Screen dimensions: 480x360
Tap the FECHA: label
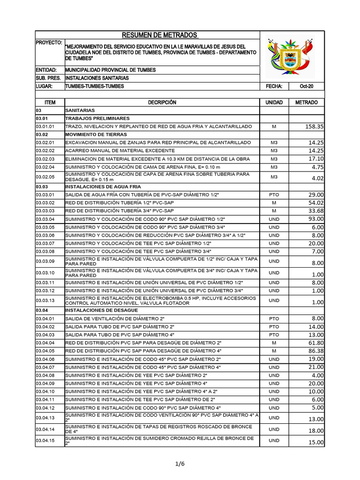(274, 86)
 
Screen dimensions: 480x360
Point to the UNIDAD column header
(274, 102)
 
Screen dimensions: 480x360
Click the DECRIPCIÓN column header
(162, 102)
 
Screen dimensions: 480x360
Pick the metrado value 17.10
(315, 158)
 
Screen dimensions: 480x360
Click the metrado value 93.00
(315, 219)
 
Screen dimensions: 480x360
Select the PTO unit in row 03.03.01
(274, 195)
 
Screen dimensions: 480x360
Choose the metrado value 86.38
(315, 351)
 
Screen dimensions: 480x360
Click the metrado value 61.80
(315, 343)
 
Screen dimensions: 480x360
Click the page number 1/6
(180, 464)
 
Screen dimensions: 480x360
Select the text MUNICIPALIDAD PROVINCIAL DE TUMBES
(111, 70)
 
